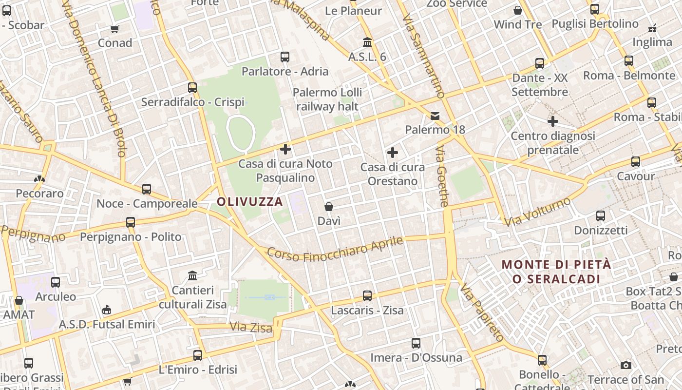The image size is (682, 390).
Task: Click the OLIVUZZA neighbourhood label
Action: coord(250,202)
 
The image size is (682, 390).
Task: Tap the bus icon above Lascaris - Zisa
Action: coord(367,296)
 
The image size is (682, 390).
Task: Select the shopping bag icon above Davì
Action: coord(329,207)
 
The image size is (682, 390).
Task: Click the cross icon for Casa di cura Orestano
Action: coord(393,153)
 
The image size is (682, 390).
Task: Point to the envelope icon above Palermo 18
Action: coord(435,116)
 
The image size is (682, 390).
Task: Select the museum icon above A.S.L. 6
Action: coord(367,42)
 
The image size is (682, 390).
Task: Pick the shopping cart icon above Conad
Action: coord(115,29)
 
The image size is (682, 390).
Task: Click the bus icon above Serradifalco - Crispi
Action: coord(192,88)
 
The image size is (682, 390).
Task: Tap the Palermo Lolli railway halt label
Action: coord(327,99)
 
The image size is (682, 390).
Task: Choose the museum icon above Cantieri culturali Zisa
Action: coord(192,276)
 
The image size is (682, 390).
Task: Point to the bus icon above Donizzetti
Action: coord(601,216)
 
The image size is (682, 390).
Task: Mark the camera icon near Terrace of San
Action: coord(626,365)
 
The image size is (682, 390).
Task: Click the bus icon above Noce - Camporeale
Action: coord(147,189)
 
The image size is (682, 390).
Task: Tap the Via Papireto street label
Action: coord(482,312)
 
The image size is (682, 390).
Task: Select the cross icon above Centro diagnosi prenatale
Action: coord(553,121)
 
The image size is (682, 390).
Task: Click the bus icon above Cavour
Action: coord(636,162)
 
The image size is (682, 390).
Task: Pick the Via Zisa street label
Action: coord(250,327)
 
